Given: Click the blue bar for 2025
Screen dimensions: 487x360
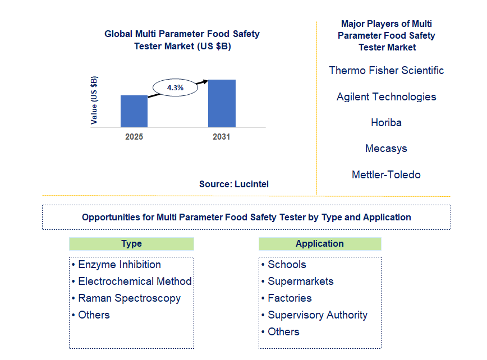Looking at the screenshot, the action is (x=134, y=111).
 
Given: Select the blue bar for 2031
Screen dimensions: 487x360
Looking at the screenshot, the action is (x=222, y=103).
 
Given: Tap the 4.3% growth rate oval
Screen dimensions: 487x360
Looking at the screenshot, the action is (x=175, y=87).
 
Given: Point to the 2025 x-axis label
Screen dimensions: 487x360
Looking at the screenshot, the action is (x=134, y=137).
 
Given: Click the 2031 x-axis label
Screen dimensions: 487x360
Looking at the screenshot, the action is (x=222, y=137).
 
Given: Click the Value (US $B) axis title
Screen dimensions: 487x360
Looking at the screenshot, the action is (x=94, y=100).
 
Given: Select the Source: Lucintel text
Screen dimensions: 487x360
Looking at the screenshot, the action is (x=234, y=184).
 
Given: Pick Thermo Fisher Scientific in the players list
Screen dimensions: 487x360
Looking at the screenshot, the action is (x=387, y=71).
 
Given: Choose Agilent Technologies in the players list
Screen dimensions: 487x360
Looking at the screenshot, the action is (x=387, y=97).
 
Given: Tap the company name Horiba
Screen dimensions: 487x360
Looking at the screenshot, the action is (x=387, y=123).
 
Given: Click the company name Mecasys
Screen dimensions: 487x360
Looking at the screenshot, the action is (x=387, y=149).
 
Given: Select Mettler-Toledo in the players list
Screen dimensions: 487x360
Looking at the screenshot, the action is (x=387, y=175).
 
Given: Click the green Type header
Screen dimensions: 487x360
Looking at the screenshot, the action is (x=131, y=244).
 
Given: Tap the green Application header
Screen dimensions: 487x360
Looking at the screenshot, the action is (x=320, y=244).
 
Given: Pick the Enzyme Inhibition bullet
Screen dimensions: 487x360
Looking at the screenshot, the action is (x=117, y=265).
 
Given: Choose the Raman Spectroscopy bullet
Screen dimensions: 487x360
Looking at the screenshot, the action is (x=126, y=298).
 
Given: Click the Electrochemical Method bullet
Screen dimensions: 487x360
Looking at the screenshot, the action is (x=132, y=281).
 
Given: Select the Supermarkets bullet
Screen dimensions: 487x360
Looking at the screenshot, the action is (x=297, y=281).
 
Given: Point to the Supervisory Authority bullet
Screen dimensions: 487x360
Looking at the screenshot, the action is (x=314, y=315).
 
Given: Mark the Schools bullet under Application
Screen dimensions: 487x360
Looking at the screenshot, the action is (x=284, y=265).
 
